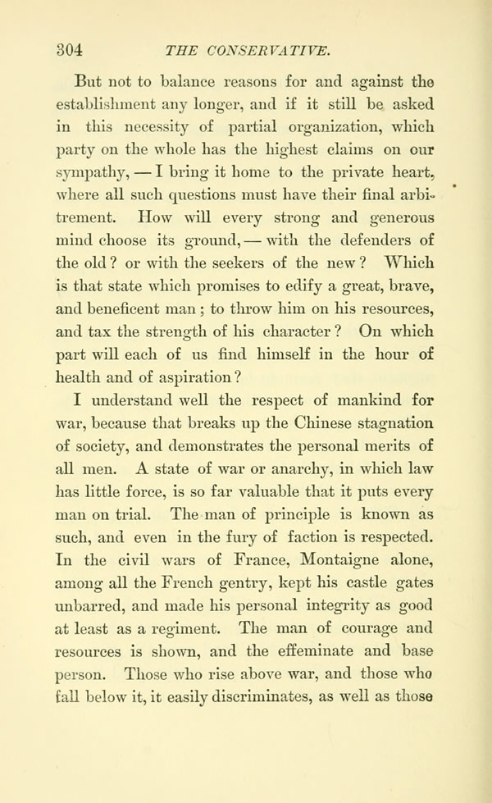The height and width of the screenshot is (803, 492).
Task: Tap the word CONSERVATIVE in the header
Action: point(269,50)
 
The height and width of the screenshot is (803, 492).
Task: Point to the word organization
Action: point(301,129)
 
